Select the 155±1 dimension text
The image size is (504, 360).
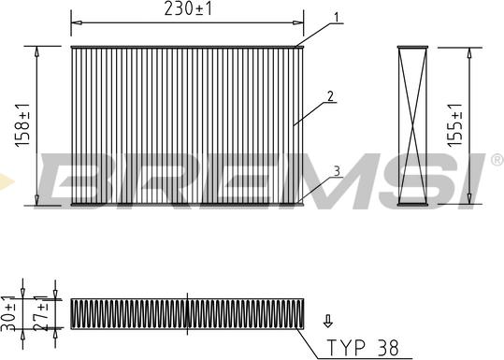[454, 124]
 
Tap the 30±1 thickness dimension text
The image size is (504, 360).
[10, 310]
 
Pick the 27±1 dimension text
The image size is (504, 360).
[40, 311]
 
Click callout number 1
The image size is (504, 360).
[336, 17]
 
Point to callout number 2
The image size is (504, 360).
[330, 94]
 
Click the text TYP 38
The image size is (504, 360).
[362, 347]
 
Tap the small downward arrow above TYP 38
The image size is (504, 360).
[326, 321]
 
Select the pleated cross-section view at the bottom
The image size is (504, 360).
[187, 313]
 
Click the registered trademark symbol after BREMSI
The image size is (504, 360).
[497, 160]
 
